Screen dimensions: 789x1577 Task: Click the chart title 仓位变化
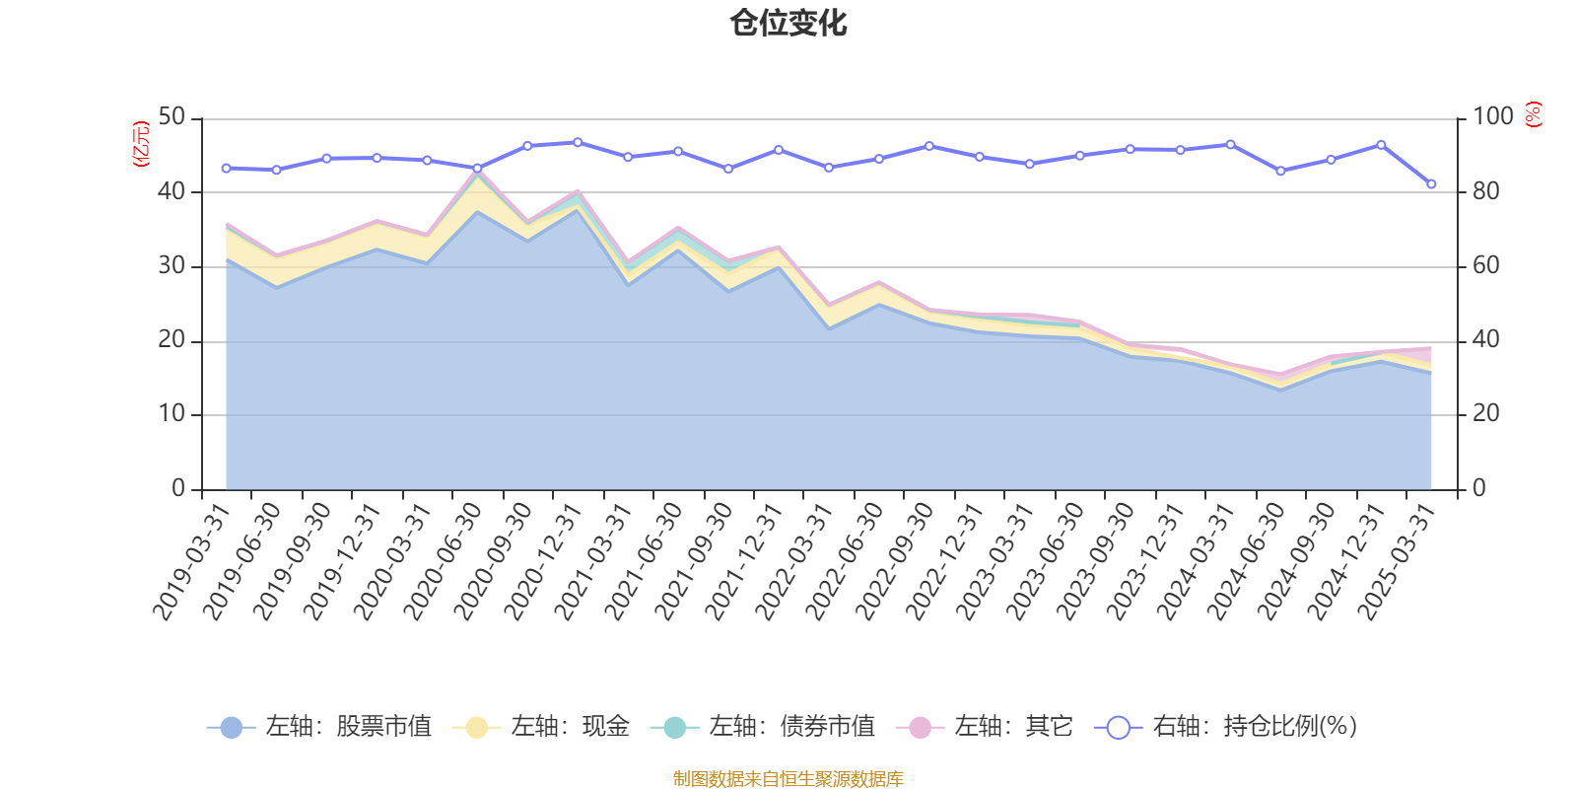[x=788, y=23]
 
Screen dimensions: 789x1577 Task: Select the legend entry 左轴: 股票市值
[x=319, y=727]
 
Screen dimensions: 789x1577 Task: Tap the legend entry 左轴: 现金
[x=541, y=727]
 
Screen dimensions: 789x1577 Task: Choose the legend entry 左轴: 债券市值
[x=763, y=727]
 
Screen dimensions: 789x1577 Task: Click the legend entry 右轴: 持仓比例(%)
[x=1226, y=727]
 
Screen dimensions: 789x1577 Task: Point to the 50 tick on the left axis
[x=171, y=117]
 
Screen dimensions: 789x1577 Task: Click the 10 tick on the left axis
[x=171, y=414]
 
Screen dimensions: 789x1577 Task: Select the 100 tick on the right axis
[x=1492, y=117]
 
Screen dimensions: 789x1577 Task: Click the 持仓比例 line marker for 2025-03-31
[x=1431, y=184]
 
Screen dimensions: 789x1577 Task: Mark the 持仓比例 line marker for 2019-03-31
[x=226, y=169]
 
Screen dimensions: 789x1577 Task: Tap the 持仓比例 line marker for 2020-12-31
[x=578, y=142]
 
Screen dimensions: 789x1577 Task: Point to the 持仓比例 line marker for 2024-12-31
[x=1381, y=145]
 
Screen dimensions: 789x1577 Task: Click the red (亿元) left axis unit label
[x=141, y=144]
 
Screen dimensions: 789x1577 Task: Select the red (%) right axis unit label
[x=1534, y=114]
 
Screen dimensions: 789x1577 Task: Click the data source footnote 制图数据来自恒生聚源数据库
[x=788, y=779]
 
